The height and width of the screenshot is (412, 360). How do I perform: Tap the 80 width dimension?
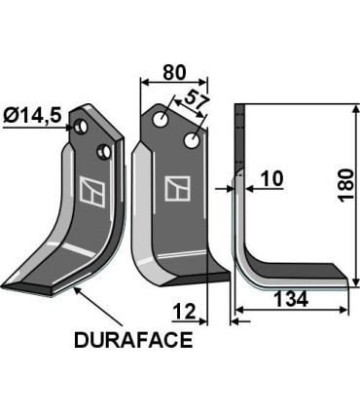(174, 71)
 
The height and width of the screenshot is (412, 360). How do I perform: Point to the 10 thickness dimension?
(271, 179)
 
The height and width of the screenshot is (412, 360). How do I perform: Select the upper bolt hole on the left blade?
(86, 127)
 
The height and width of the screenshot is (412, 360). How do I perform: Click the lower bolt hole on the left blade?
(102, 150)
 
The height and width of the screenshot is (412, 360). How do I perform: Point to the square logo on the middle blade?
(178, 187)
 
